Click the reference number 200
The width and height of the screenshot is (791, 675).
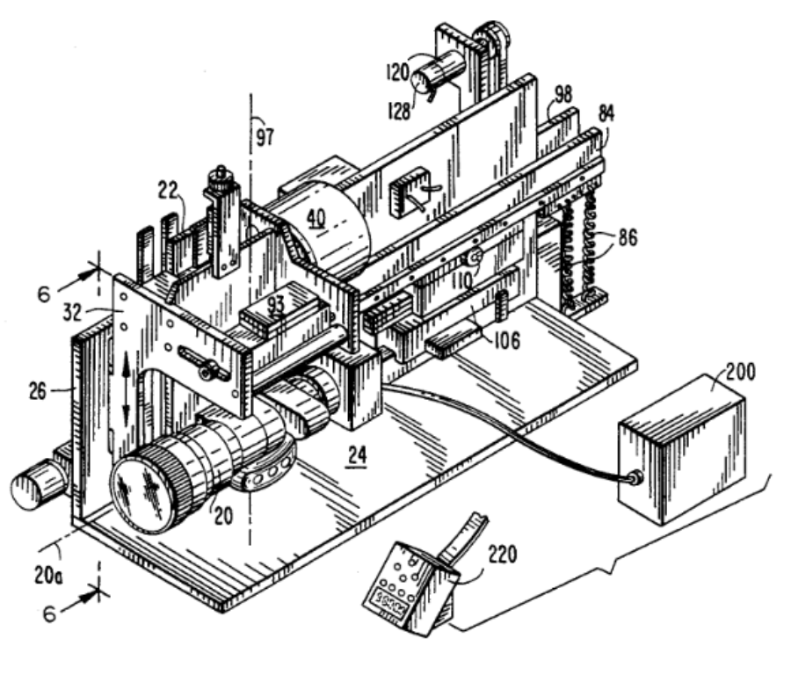coord(741,373)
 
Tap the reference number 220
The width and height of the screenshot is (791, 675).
coord(503,555)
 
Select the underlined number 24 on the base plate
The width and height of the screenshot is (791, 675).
coord(357,456)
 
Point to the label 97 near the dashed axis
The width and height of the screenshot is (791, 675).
coord(265,136)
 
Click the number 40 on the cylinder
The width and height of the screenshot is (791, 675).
coord(316,217)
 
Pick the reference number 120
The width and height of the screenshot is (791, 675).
coord(397,72)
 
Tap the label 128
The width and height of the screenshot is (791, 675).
coord(399,111)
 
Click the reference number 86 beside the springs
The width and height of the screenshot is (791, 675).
coord(627,237)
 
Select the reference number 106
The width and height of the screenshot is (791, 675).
coord(505,340)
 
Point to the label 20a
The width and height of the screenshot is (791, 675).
coord(48,575)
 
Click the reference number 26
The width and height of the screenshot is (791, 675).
coord(37,391)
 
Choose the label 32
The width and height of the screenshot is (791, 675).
coord(73,313)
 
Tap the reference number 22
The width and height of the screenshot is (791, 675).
coord(168,191)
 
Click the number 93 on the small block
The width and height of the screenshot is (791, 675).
coord(276,304)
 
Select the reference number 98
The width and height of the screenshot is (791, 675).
coord(563,94)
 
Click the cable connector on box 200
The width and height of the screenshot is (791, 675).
coord(635,476)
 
